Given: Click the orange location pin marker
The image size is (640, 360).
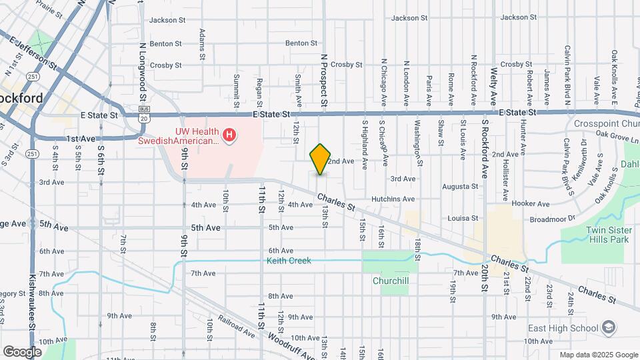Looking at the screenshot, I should tap(321, 159).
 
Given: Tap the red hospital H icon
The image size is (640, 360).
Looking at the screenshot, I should tap(230, 136).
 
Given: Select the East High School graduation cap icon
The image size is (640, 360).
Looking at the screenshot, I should tap(608, 327).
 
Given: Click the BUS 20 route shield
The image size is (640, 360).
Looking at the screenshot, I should tap(143, 113).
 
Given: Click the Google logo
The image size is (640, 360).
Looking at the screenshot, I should tap(22, 351).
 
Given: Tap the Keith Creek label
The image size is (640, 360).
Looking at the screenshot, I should tap(289, 261).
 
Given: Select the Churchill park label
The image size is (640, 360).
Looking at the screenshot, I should tap(391, 281).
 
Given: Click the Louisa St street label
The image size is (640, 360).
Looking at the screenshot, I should tap(463, 218).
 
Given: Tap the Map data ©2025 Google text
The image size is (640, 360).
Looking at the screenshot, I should tap(598, 355).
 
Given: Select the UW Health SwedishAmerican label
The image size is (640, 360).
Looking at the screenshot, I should tap(178, 136).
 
